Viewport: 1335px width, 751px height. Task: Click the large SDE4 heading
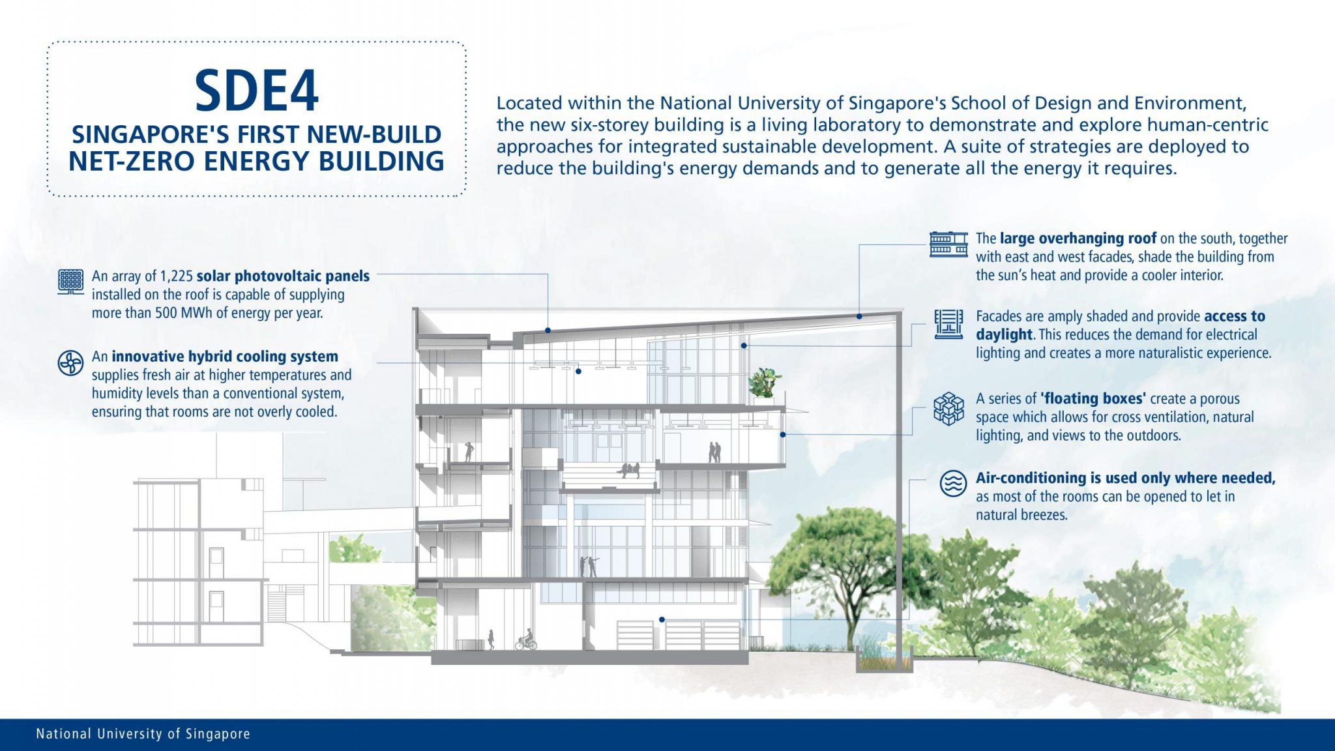coord(256,92)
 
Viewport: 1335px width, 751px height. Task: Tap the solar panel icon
coord(70,282)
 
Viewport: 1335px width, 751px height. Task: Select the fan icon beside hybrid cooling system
coord(70,362)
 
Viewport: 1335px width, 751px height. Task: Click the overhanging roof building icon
coord(948,244)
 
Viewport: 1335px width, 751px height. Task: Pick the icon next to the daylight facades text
coord(948,324)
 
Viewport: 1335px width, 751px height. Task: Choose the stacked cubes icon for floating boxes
coord(948,409)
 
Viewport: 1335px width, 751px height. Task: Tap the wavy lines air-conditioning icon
coord(952,484)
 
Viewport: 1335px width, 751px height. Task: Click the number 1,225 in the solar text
coord(176,276)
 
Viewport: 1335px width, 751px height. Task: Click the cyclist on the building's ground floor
coord(526,640)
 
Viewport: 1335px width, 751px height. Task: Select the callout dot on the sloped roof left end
coord(548,331)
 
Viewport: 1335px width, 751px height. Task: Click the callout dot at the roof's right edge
coord(859,316)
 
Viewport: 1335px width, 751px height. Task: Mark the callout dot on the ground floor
coord(662,619)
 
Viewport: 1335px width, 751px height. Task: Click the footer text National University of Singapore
coord(143,734)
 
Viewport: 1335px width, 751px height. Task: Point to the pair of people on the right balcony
coord(714,452)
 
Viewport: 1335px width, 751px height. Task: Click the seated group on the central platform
coord(630,470)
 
